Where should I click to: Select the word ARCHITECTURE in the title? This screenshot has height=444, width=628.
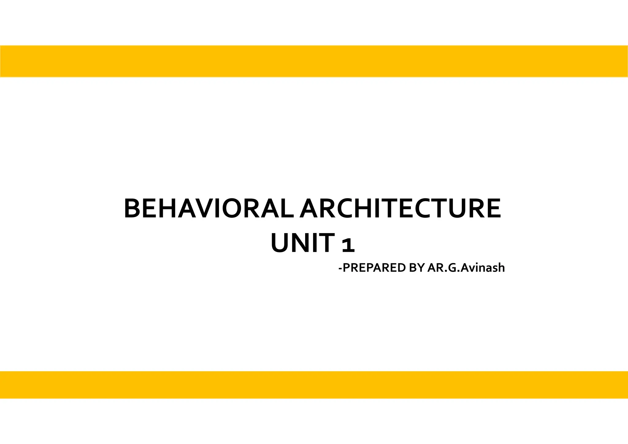pos(400,209)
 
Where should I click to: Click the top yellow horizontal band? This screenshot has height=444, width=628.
pos(314,61)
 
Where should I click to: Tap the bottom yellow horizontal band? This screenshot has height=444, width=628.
pos(314,385)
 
